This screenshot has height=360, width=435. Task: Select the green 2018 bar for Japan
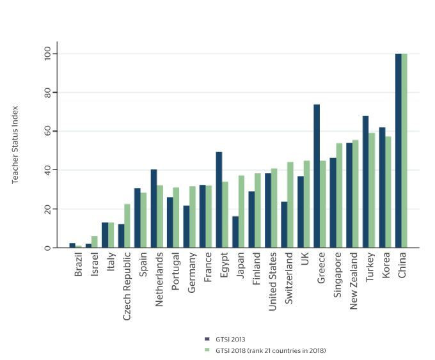241,212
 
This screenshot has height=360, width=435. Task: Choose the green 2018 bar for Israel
95,242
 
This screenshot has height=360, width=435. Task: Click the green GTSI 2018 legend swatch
207,350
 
